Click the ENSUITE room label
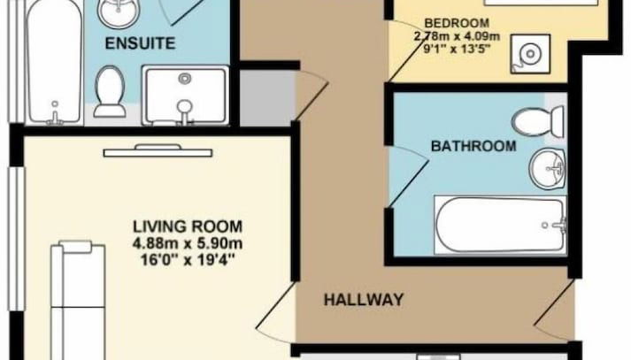[140, 43]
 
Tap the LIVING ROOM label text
[188, 226]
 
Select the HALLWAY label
[364, 300]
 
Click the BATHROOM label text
[473, 146]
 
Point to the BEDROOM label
[457, 23]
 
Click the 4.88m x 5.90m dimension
[188, 243]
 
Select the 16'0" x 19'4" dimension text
[188, 260]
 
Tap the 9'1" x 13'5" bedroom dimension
[457, 50]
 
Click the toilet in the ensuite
[110, 92]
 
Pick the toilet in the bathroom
[538, 121]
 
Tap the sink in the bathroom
[547, 168]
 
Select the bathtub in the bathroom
[500, 225]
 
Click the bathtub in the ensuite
[53, 61]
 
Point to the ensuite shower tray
[186, 96]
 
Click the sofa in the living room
[78, 301]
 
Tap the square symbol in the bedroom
[530, 54]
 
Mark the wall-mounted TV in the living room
[158, 151]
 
